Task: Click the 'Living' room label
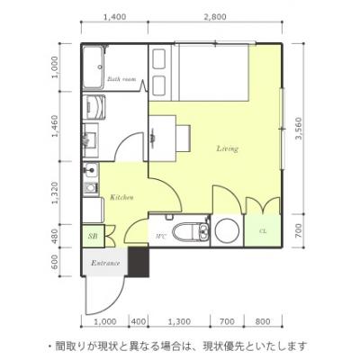(x=228, y=148)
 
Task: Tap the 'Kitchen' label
(x=121, y=197)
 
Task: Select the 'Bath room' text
(x=121, y=79)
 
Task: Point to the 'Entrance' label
(x=105, y=264)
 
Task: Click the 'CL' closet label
(x=263, y=231)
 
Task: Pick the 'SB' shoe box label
(x=92, y=236)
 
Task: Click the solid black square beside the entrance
(x=139, y=262)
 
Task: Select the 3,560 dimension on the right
(x=299, y=129)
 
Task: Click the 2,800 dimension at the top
(x=215, y=17)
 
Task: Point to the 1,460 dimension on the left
(x=55, y=126)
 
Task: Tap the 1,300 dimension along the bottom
(x=179, y=322)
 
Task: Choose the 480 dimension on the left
(x=55, y=237)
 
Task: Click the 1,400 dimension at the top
(x=114, y=17)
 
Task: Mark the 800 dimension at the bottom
(x=263, y=322)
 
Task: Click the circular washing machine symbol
(x=228, y=231)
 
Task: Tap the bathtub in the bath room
(x=94, y=67)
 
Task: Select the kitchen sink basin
(x=90, y=171)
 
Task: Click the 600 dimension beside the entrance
(x=55, y=262)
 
